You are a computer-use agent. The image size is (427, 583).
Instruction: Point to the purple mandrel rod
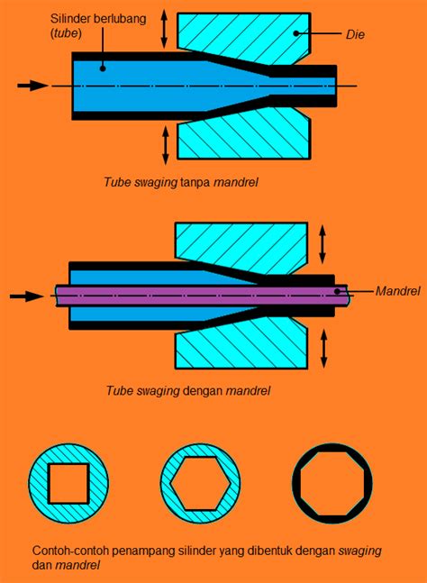point(198,294)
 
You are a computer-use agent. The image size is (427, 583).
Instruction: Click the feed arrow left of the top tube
point(32,86)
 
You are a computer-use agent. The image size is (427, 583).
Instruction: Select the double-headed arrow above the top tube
point(164,29)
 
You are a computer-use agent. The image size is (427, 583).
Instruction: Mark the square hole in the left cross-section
point(68,484)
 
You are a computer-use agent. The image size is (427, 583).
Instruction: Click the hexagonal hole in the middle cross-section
point(200,484)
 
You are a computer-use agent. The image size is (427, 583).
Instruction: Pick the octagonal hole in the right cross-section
point(332,484)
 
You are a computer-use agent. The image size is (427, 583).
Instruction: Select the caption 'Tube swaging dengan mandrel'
point(187,391)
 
